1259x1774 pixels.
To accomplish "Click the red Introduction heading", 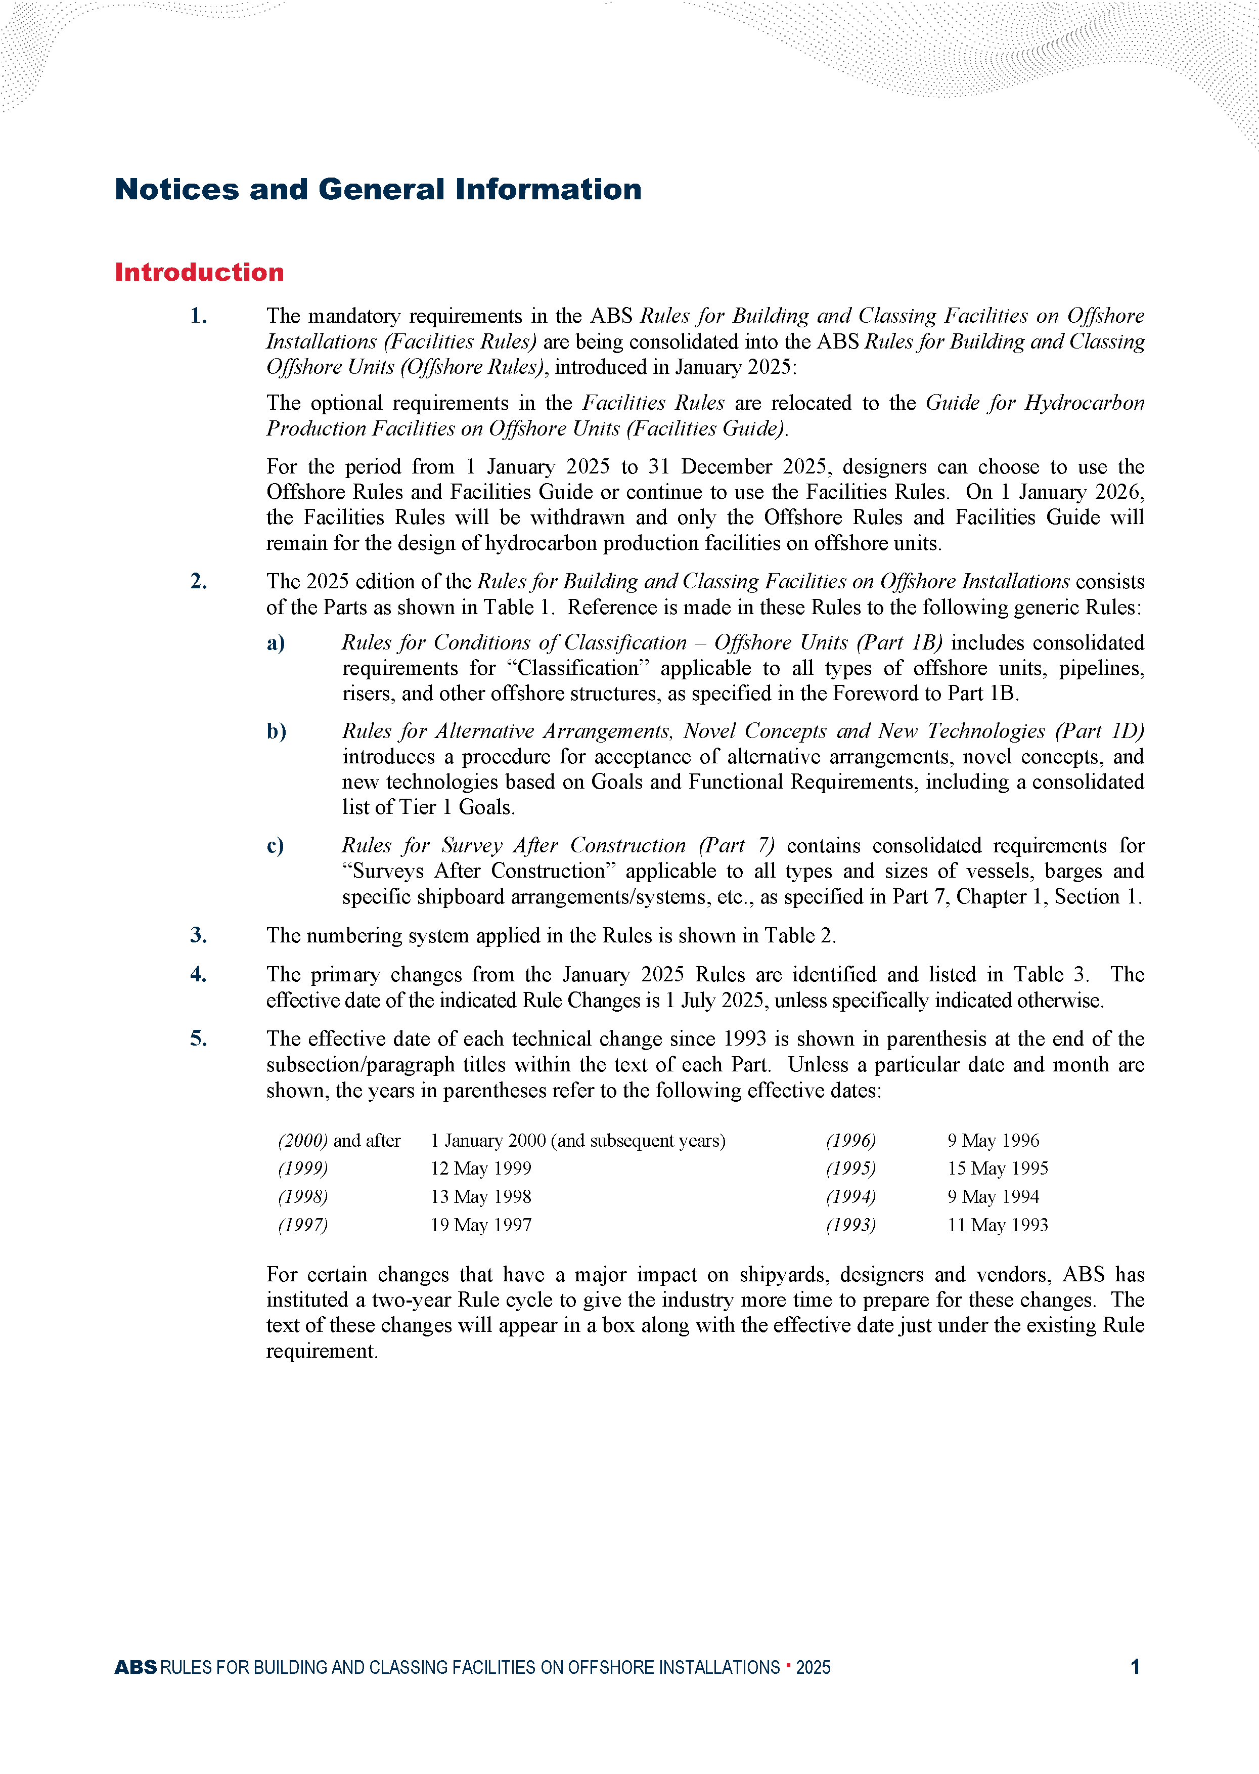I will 199,272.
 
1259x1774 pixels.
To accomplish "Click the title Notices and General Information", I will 378,189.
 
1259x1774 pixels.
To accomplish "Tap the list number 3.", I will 199,935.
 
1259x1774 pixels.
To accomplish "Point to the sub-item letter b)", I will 277,731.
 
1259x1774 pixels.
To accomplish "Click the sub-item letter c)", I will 275,845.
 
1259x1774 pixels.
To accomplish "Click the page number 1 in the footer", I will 1135,1666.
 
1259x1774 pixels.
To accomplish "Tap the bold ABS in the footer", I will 136,1667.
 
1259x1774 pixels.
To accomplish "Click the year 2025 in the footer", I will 813,1667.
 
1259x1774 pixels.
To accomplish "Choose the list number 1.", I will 199,316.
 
